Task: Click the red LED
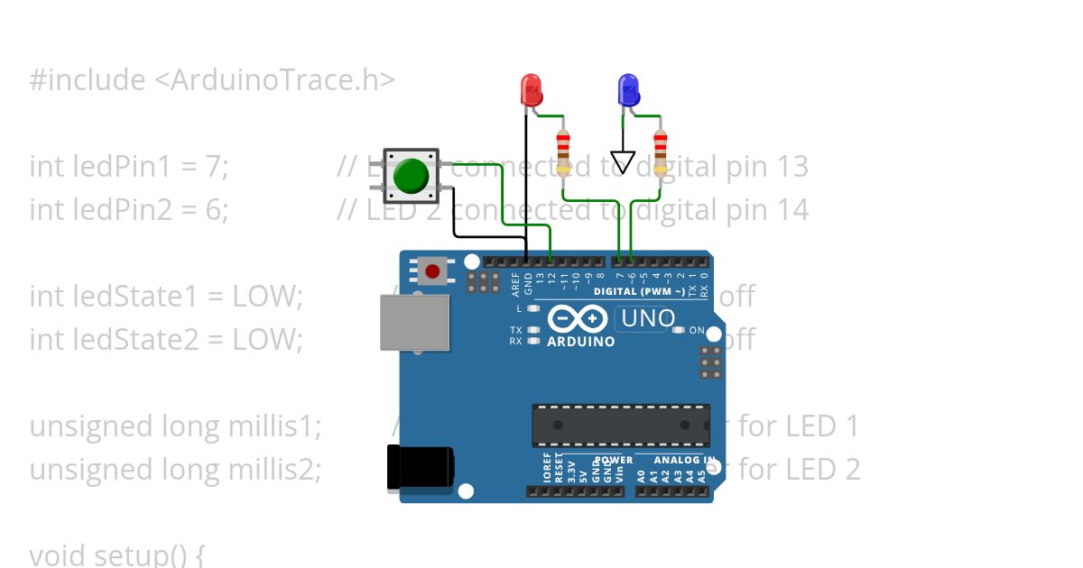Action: pyautogui.click(x=531, y=90)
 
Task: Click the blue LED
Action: pyautogui.click(x=627, y=90)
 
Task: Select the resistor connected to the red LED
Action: pyautogui.click(x=564, y=152)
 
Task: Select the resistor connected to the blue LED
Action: pyautogui.click(x=661, y=152)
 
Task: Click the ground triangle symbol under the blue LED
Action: pyautogui.click(x=623, y=161)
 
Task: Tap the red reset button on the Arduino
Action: pyautogui.click(x=432, y=270)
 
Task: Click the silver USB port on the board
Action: pyautogui.click(x=414, y=322)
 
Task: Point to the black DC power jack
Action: pyautogui.click(x=417, y=469)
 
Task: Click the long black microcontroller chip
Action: pyautogui.click(x=620, y=425)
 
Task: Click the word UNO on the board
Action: pyautogui.click(x=647, y=318)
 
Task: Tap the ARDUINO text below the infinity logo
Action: pyautogui.click(x=581, y=342)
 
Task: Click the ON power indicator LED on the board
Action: pyautogui.click(x=679, y=330)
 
